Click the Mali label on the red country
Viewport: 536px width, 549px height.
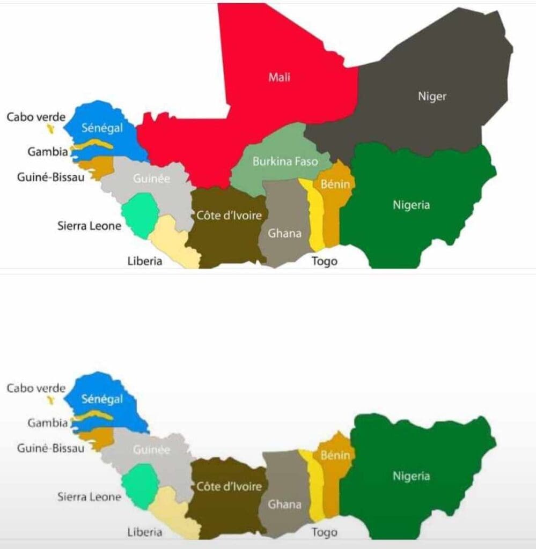click(x=279, y=77)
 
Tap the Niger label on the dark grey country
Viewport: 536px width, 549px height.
click(x=432, y=97)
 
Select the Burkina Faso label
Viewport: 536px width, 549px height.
click(x=285, y=161)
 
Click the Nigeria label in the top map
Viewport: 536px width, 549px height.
click(x=411, y=205)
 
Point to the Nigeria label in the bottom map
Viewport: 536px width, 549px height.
click(x=411, y=476)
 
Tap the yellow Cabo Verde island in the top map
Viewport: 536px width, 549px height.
click(x=51, y=129)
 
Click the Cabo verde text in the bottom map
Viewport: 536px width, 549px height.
click(x=36, y=388)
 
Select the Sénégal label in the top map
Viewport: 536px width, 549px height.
click(x=102, y=128)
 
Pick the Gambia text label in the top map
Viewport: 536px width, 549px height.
click(x=48, y=152)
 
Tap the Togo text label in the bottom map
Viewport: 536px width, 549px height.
click(x=325, y=532)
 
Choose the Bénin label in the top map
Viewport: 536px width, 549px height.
click(x=335, y=184)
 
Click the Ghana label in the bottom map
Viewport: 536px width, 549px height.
click(x=284, y=505)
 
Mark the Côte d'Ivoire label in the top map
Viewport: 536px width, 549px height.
click(x=229, y=216)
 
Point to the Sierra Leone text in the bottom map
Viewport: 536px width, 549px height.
click(x=89, y=497)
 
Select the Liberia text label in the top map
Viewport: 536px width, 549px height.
click(x=145, y=261)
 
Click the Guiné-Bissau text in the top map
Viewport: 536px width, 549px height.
click(x=50, y=177)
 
